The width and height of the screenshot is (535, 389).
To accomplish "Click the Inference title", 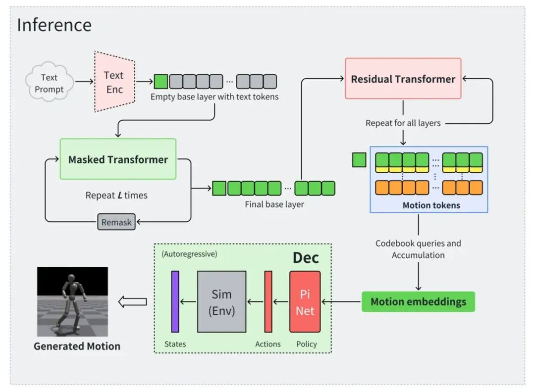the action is coord(54,25).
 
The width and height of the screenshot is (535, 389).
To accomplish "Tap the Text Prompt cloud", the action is coord(49,82).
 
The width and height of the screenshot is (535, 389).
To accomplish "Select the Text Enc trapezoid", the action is coord(114,82).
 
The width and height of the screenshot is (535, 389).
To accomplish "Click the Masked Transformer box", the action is coord(118,159).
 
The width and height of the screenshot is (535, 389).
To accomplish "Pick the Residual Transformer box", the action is coord(403,79).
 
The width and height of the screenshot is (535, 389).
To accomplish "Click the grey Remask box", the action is coord(116,222).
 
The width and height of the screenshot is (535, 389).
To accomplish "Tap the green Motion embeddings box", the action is coord(418,302).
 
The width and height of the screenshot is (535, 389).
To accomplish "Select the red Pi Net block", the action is coord(305,302).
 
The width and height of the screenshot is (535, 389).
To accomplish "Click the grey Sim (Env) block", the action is coord(222,302).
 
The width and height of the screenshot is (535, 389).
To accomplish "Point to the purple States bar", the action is coord(175,302).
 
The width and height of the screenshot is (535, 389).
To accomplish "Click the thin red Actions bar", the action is coord(268,302).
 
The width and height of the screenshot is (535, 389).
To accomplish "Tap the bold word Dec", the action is coord(306,258).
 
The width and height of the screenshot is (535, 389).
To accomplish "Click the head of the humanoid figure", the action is coord(71,279).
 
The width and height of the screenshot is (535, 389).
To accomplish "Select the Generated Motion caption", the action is coord(77,346).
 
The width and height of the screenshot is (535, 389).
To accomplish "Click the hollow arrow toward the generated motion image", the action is coord(133,302).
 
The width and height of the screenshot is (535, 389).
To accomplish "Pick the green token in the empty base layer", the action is coord(161,82).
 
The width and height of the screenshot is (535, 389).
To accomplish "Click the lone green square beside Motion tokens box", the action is coord(359,160).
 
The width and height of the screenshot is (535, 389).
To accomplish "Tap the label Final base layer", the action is coord(274,204).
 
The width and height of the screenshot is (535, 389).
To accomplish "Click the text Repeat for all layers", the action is coord(403,123).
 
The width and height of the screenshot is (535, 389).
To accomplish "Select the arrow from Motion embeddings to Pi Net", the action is coord(341,302).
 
